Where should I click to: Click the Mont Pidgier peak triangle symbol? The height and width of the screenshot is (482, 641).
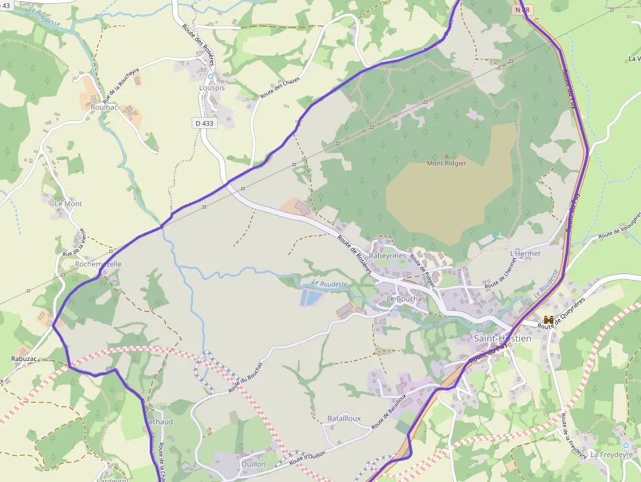[447, 156]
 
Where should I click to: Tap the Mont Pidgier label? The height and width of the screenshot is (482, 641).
[447, 164]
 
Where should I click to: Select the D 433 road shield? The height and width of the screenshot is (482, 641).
[204, 123]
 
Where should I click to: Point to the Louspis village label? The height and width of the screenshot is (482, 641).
[211, 87]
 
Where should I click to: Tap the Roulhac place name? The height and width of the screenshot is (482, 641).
[105, 107]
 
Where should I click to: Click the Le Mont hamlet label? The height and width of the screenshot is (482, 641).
[69, 204]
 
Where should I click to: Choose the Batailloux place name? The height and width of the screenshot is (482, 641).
[344, 419]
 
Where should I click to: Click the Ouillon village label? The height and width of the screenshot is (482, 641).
[253, 464]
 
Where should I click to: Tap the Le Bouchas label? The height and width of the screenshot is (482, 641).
[406, 299]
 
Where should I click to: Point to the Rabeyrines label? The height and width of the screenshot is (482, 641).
[388, 256]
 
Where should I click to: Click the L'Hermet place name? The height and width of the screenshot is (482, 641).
[525, 253]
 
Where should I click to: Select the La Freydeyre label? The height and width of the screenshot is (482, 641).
[612, 454]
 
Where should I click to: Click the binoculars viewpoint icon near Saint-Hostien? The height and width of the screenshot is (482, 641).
[549, 319]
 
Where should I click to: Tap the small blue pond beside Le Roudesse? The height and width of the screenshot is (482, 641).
[312, 298]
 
